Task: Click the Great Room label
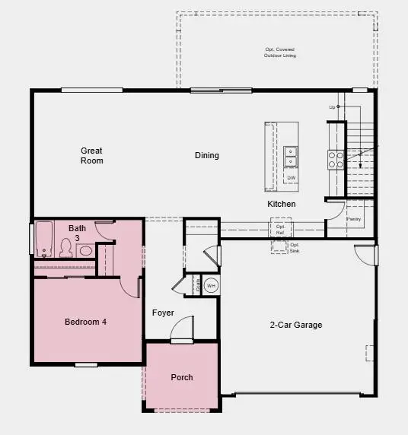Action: [92, 156]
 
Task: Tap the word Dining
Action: [206, 156]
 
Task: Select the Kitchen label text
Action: [282, 204]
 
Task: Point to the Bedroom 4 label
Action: [85, 322]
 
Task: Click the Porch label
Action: [182, 377]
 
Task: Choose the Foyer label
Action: [163, 313]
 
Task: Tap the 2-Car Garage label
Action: [297, 325]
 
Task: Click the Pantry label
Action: [353, 219]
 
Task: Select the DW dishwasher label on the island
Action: [291, 179]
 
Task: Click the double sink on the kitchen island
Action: [291, 156]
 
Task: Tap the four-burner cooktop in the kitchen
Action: [336, 159]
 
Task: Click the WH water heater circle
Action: [212, 285]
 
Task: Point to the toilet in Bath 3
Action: [66, 248]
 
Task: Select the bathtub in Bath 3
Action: [43, 240]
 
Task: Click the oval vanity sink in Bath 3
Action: [85, 249]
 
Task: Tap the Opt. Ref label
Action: [280, 228]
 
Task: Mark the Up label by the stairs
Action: [333, 107]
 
